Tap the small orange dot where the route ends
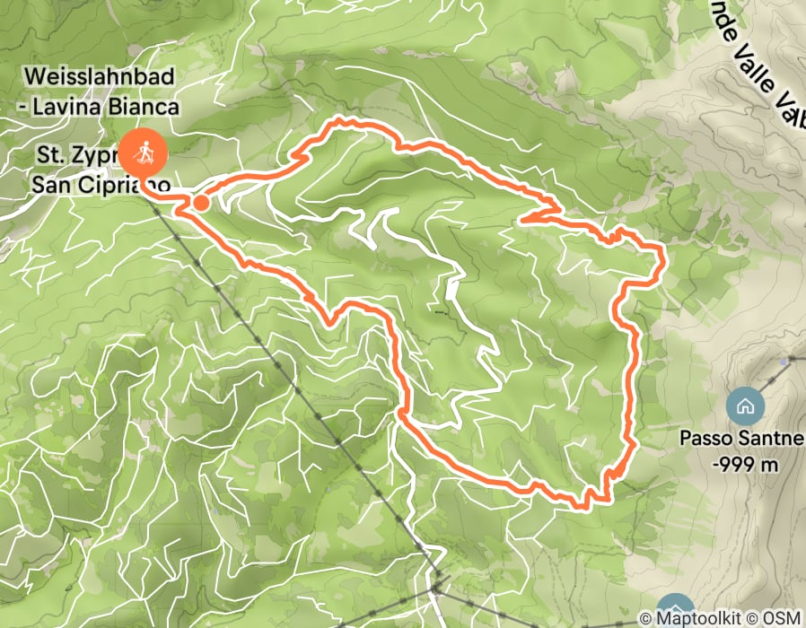(201, 204)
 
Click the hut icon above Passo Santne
(745, 406)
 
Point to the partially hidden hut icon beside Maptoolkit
(675, 606)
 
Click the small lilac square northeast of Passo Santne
(786, 360)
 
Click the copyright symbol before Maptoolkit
(644, 618)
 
